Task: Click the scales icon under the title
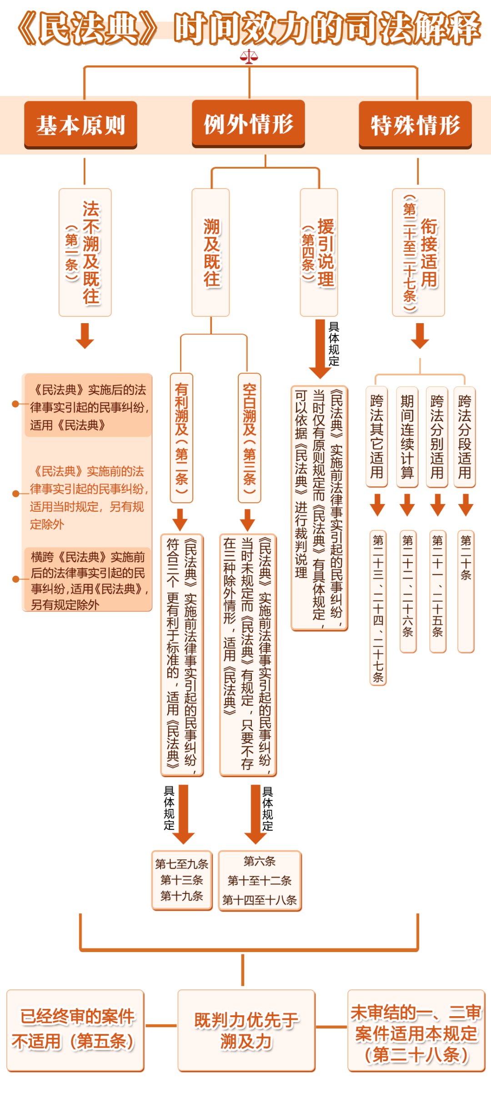[249, 57]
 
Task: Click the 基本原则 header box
[80, 125]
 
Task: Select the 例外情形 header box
[248, 124]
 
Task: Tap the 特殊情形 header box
[415, 125]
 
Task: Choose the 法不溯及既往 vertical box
[85, 252]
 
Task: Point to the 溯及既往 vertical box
[210, 252]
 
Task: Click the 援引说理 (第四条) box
[319, 252]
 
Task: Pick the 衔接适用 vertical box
[418, 252]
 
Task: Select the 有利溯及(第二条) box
[181, 438]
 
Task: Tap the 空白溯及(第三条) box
[249, 438]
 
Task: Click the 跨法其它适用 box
[376, 437]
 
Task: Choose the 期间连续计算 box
[407, 437]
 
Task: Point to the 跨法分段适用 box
[464, 437]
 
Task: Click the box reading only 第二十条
[466, 591]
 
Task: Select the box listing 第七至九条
[182, 880]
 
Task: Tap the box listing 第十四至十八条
[260, 880]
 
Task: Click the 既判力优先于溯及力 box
[246, 1030]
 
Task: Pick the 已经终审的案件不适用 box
[75, 1030]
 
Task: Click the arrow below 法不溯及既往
[85, 336]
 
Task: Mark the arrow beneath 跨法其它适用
[377, 504]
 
